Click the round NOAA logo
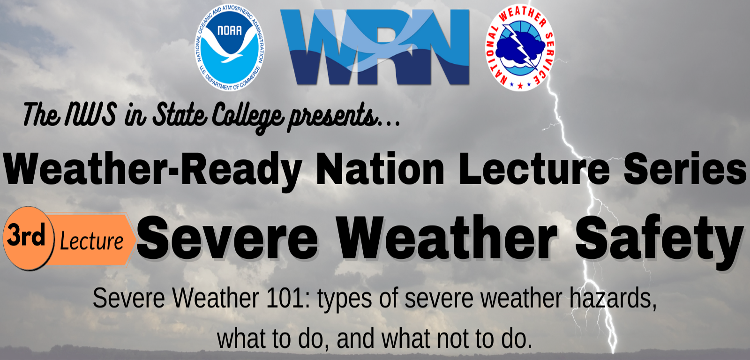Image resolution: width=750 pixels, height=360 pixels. [230, 47]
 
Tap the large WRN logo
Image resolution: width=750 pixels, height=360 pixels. [375, 47]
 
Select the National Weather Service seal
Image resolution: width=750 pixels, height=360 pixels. [520, 47]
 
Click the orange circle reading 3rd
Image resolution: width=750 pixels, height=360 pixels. [29, 238]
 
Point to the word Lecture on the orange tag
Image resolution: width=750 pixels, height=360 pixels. [91, 241]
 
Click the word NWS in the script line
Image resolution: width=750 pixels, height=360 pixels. [91, 114]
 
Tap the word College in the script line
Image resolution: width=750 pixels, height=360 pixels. [248, 117]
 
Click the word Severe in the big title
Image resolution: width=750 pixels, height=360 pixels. [227, 238]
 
